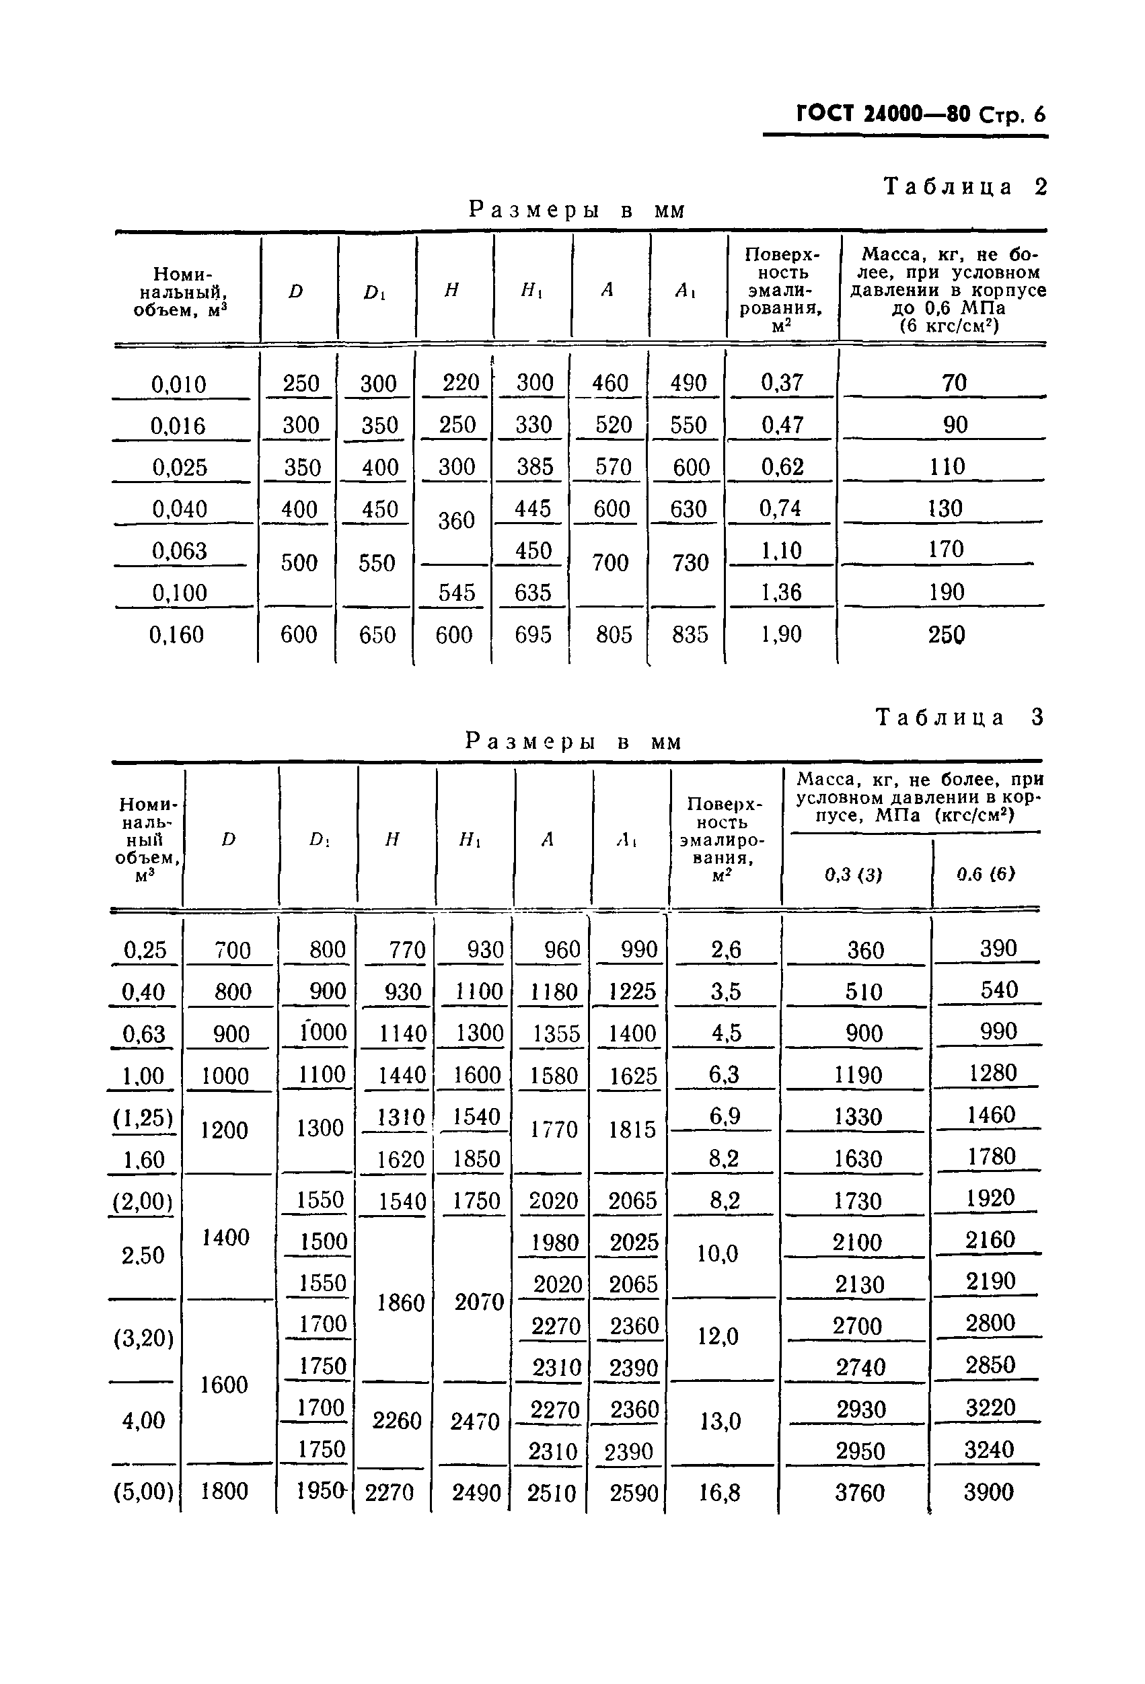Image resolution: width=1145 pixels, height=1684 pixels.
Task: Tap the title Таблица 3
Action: [959, 717]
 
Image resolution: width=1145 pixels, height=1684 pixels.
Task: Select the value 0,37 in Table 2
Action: [782, 383]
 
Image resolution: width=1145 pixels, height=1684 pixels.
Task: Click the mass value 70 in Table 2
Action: [955, 383]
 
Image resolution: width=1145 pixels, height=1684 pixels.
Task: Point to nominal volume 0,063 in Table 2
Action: [180, 551]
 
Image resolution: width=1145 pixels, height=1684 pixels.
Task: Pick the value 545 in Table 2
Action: [457, 593]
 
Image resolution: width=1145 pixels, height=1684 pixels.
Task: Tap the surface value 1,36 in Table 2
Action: [782, 593]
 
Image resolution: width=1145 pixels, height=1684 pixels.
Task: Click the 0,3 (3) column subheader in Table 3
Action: [854, 875]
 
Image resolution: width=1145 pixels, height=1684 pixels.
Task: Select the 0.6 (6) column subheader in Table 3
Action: [986, 874]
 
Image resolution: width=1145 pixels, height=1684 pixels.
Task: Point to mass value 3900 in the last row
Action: [988, 1492]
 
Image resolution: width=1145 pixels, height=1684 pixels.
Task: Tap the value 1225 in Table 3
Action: [632, 991]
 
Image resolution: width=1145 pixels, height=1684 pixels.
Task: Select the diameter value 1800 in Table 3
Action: [225, 1492]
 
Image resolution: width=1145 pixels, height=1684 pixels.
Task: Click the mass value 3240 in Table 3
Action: [988, 1450]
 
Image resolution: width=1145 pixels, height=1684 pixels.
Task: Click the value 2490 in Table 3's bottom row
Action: [476, 1493]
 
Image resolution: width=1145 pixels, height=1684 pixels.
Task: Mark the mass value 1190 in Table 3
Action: [858, 1074]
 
